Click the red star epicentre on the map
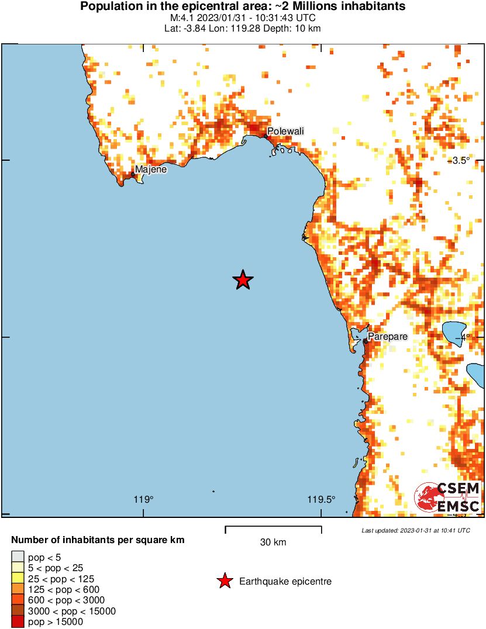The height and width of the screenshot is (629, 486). click(243, 281)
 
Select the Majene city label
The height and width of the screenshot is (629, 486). click(151, 170)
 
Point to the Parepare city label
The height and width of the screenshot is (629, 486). click(387, 337)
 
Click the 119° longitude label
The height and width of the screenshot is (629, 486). click(143, 499)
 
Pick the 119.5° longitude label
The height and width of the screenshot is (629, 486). click(322, 499)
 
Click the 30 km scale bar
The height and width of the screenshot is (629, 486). click(273, 529)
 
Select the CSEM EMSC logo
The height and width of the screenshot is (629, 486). click(448, 497)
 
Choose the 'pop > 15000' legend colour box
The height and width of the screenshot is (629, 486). click(18, 622)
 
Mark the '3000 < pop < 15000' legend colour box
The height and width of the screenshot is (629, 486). click(18, 611)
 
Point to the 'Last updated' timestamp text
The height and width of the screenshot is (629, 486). click(415, 531)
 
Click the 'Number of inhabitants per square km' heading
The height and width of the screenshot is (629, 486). click(98, 540)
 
